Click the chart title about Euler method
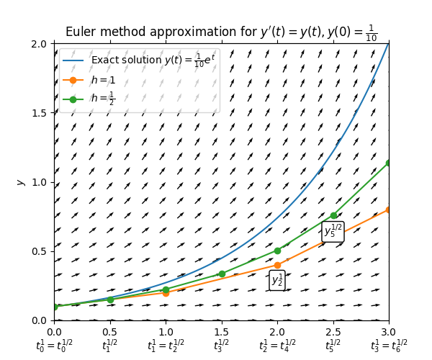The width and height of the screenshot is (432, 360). (221, 32)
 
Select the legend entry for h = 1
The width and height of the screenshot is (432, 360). (103, 80)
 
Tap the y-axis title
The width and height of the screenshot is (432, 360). (20, 181)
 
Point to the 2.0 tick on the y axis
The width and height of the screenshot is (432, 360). (40, 44)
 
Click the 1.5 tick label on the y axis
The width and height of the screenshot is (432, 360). (40, 113)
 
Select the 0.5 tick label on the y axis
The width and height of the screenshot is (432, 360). (40, 251)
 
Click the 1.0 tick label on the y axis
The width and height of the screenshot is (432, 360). (40, 182)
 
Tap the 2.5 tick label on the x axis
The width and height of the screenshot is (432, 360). (333, 332)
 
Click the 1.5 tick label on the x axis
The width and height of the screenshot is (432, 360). (221, 332)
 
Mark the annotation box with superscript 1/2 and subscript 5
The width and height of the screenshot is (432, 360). (333, 231)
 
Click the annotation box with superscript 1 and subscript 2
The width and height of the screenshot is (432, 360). (277, 280)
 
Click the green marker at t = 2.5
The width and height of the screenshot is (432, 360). (333, 215)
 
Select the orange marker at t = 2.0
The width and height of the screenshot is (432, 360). (277, 265)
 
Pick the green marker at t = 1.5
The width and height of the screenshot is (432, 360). (222, 274)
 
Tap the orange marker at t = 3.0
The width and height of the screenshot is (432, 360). (389, 210)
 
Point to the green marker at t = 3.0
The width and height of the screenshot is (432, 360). (389, 163)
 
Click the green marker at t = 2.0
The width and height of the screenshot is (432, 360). (277, 251)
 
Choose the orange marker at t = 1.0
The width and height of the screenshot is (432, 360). (166, 293)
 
